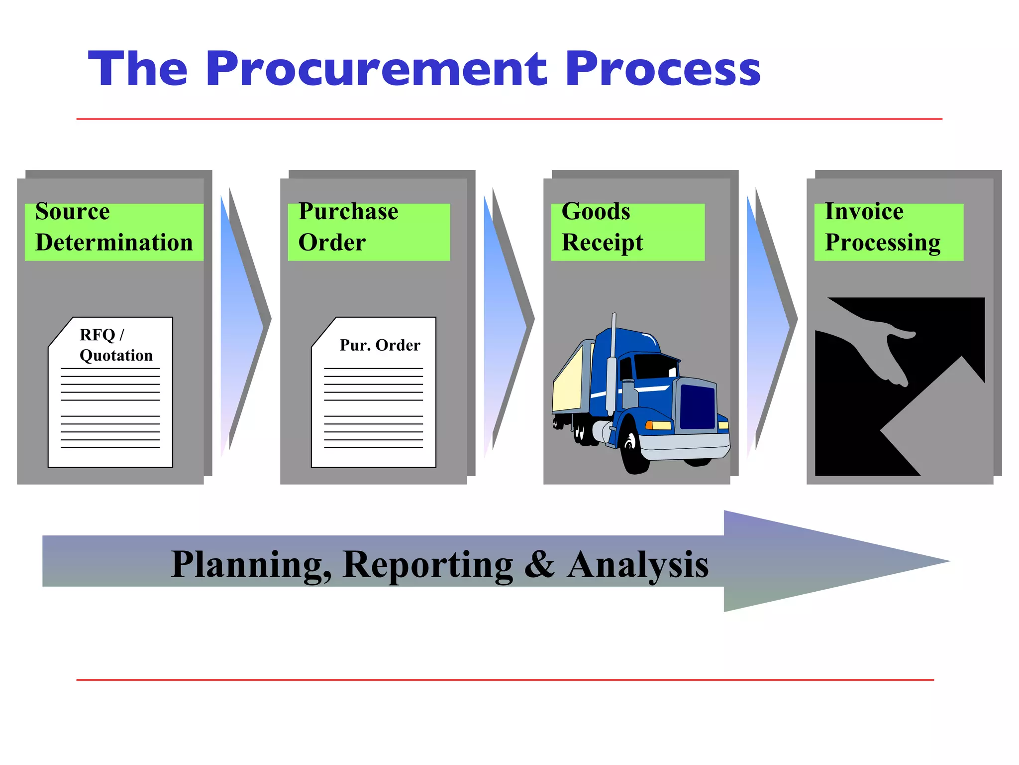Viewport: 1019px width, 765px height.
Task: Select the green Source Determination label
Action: click(114, 232)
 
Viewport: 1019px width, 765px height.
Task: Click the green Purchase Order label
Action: click(368, 232)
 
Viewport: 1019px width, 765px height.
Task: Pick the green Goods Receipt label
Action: click(627, 232)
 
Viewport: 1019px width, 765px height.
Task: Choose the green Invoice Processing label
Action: click(888, 232)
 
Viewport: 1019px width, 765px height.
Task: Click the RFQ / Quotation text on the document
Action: click(115, 345)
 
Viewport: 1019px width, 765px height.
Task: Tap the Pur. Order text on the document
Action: click(380, 345)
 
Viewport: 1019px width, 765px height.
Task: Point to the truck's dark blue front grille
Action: click(697, 406)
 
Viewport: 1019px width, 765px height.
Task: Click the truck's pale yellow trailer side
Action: click(567, 381)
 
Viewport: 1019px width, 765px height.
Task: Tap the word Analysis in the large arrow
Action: click(637, 564)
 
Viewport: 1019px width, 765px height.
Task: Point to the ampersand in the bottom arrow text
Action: click(539, 564)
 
